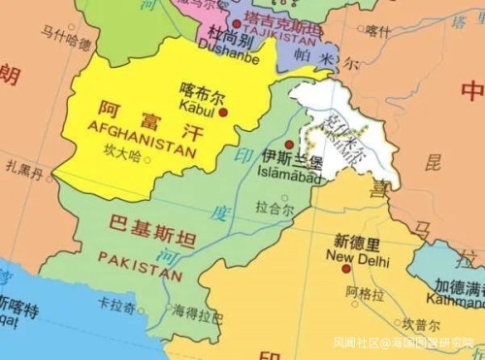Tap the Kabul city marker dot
[224, 113]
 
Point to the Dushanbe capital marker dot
[237, 22]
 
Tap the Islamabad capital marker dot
[289, 145]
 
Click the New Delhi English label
[358, 258]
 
